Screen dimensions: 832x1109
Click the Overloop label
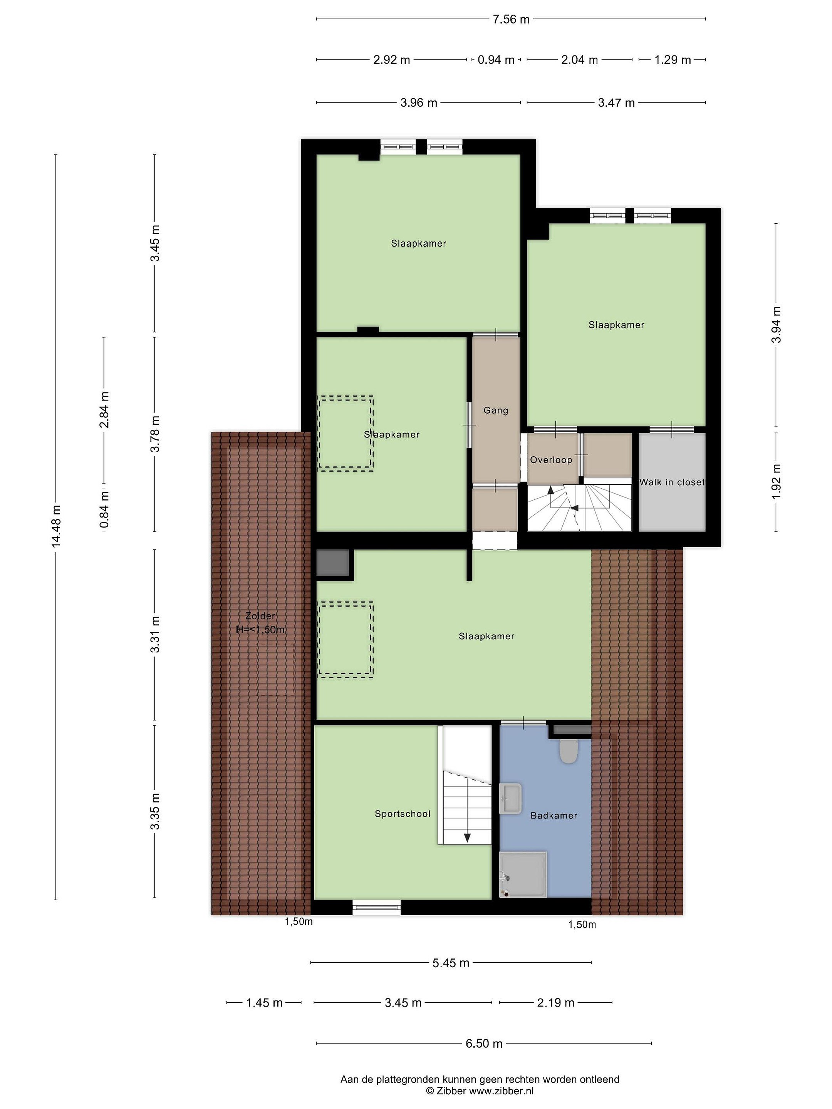(551, 460)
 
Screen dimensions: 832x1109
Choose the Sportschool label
(403, 814)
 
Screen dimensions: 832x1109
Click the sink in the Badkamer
(511, 799)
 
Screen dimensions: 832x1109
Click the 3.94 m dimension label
(776, 324)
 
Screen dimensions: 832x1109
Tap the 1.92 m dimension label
(776, 481)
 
